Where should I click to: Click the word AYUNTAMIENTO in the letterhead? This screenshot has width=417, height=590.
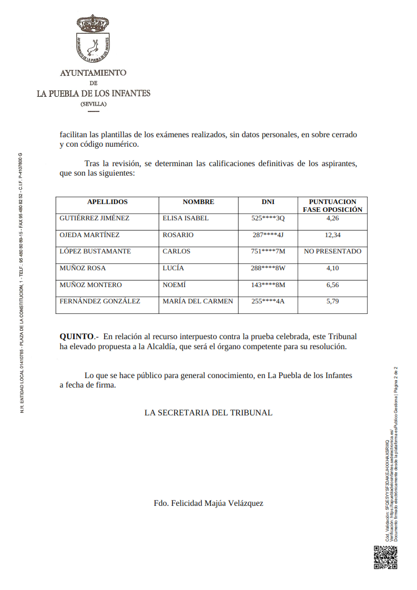[93, 73]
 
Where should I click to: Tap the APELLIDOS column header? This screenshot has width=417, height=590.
[107, 202]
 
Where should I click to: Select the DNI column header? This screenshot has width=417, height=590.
[268, 202]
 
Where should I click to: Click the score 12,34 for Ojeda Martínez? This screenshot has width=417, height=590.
[332, 235]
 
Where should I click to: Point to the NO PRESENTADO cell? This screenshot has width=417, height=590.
[332, 251]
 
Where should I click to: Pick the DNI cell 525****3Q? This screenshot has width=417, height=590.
[268, 218]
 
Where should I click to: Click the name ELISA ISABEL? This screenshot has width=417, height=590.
[186, 218]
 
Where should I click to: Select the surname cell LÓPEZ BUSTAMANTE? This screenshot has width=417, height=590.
[95, 251]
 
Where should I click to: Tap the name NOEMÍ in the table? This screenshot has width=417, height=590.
[175, 285]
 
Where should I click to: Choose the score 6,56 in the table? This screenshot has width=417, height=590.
[332, 285]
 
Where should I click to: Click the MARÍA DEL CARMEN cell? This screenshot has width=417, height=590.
[198, 301]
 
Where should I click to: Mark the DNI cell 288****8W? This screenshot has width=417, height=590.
[268, 268]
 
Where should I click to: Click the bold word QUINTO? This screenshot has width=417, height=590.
[77, 336]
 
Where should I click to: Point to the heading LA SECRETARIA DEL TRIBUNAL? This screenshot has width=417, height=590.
[208, 413]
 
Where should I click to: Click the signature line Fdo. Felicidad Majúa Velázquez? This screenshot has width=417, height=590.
[208, 503]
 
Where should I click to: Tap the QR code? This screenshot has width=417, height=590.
[385, 557]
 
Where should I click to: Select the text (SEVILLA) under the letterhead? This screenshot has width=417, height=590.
[93, 104]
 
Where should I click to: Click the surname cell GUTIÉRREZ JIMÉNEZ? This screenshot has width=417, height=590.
[95, 218]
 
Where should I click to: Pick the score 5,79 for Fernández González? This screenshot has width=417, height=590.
[332, 301]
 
